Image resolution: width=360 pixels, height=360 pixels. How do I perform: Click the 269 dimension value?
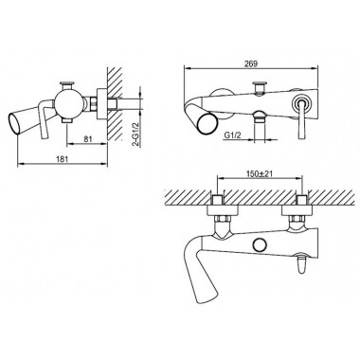[251, 63]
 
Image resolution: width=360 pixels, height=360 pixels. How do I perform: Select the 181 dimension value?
[63, 159]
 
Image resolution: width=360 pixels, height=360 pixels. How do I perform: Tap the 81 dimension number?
[88, 138]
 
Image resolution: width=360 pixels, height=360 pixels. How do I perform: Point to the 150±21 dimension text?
[260, 173]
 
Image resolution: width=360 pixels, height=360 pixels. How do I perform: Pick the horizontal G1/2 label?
[232, 135]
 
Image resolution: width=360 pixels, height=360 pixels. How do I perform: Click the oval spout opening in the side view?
[12, 122]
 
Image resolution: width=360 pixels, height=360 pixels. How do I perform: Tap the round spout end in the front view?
[208, 124]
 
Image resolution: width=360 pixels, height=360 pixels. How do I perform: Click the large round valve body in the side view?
[68, 105]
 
